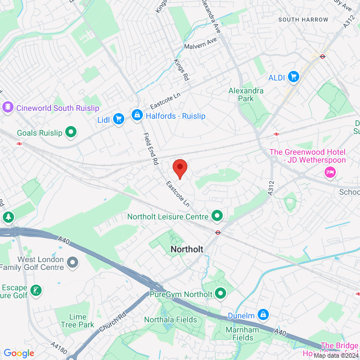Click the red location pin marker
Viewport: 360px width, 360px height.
[179, 168]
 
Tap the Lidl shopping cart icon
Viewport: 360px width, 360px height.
[118, 119]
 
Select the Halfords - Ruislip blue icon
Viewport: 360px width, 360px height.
[136, 115]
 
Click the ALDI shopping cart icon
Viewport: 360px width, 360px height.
[293, 76]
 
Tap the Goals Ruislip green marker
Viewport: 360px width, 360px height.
[71, 132]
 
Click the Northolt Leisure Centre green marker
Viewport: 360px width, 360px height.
[217, 215]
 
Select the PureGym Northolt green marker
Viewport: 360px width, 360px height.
[220, 293]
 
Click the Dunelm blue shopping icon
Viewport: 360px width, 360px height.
[263, 314]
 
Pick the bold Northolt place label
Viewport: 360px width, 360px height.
[186, 248]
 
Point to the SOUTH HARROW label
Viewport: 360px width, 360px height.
[303, 20]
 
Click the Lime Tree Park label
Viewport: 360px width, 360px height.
[82, 321]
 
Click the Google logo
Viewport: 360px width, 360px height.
[19, 353]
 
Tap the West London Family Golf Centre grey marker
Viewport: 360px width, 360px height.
[72, 262]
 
